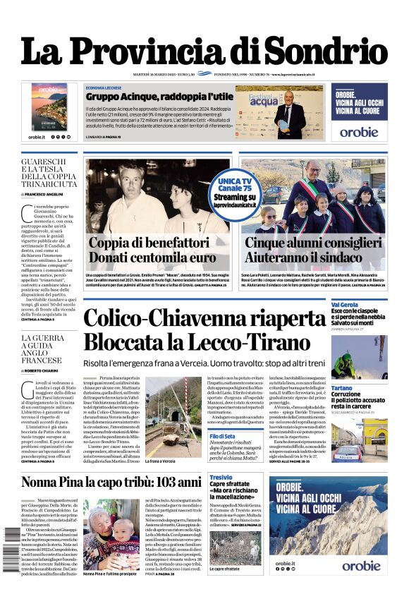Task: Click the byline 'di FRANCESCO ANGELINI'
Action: [46, 193]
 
